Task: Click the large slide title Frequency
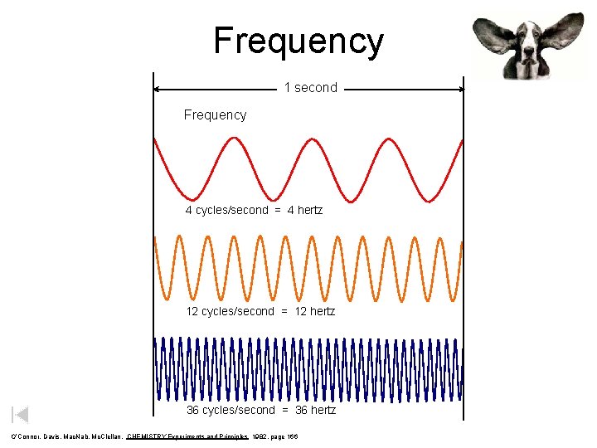(298, 41)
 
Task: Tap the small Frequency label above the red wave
(215, 115)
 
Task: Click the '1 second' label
(310, 88)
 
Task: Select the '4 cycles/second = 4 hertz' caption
(254, 210)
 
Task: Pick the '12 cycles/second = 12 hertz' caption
(260, 311)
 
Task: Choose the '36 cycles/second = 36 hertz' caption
(260, 410)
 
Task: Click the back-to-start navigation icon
(20, 415)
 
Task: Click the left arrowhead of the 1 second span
(158, 89)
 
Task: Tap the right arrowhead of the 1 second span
(459, 89)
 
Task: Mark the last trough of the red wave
(426, 200)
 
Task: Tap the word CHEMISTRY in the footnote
(147, 437)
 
